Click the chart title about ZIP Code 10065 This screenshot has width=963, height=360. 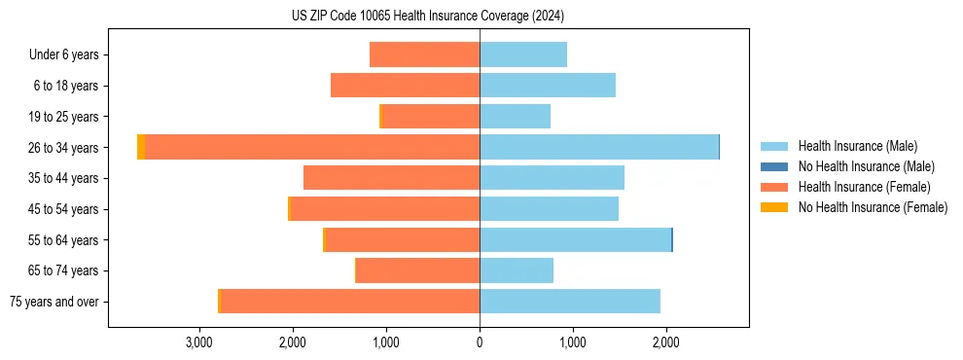tap(427, 17)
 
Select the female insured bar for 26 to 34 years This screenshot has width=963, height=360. tap(311, 147)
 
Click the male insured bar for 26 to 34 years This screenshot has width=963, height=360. tap(598, 147)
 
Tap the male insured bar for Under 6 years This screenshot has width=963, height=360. tap(523, 54)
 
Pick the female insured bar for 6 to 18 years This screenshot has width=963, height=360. tap(405, 86)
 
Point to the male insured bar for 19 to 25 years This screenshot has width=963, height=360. tap(515, 117)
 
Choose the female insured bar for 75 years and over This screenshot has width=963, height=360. tap(350, 302)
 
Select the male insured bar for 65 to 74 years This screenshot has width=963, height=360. tap(517, 270)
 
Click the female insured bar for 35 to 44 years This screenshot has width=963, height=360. tap(391, 178)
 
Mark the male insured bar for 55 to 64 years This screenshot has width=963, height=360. tap(575, 239)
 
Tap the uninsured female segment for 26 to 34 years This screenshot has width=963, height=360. tap(141, 147)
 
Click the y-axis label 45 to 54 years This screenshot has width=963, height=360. tap(64, 209)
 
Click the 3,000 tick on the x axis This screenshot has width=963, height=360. tap(198, 343)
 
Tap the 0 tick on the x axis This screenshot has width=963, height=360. tap(480, 343)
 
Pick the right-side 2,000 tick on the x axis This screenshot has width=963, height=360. tap(666, 343)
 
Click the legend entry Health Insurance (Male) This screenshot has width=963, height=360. tap(857, 146)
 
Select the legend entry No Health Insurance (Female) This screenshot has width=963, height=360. tap(873, 207)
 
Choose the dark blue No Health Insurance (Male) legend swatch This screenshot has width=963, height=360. tap(774, 166)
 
